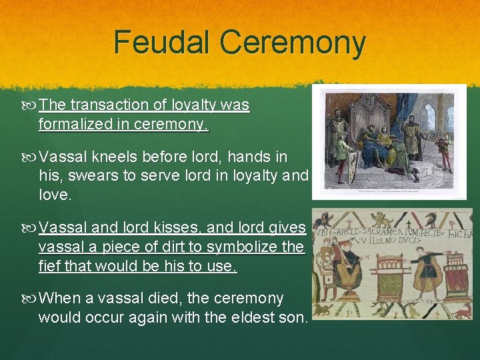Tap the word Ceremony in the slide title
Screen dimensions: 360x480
pos(293,43)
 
